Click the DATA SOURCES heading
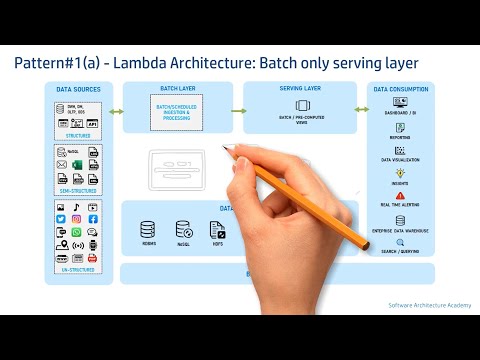coord(78,89)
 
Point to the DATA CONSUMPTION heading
coord(401,89)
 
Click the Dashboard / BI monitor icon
coord(400,102)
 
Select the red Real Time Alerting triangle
coord(400,196)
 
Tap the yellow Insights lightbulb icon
coord(400,173)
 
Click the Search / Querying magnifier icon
coord(400,244)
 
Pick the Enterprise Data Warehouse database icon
coord(400,220)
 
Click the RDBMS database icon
coord(148,229)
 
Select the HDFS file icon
coord(217,229)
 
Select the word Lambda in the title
coord(140,63)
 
